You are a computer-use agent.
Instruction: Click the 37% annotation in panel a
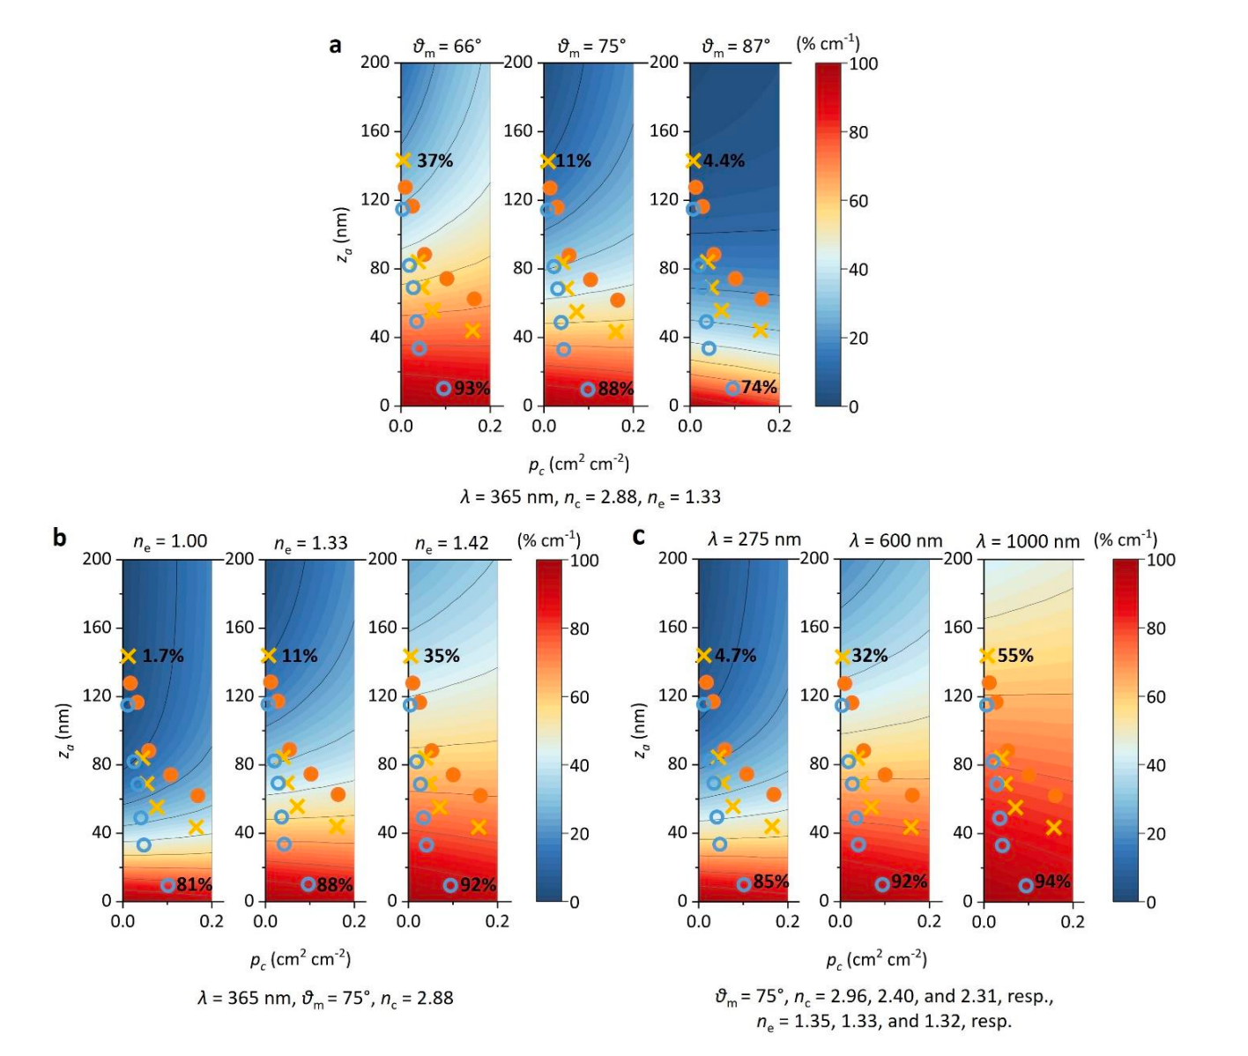[435, 160]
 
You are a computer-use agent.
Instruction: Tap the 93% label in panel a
[472, 389]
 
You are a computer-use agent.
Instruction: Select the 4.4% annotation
[724, 160]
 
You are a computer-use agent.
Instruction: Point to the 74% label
[759, 387]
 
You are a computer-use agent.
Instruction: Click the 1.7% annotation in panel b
[163, 656]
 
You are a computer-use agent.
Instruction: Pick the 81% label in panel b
[194, 884]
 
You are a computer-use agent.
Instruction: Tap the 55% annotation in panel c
[1015, 655]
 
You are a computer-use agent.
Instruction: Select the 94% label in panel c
[1052, 881]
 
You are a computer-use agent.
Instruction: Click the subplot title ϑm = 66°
[447, 47]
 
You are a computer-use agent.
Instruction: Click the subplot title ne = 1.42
[451, 543]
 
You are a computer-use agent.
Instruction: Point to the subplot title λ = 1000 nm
[1028, 541]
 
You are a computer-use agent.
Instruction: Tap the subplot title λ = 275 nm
[754, 539]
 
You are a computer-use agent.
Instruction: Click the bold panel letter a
[335, 45]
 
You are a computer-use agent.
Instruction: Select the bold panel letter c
[639, 536]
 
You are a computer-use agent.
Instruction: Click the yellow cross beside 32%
[842, 656]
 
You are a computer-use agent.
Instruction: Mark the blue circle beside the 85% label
[744, 884]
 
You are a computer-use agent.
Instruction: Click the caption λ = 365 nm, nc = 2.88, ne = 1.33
[590, 497]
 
